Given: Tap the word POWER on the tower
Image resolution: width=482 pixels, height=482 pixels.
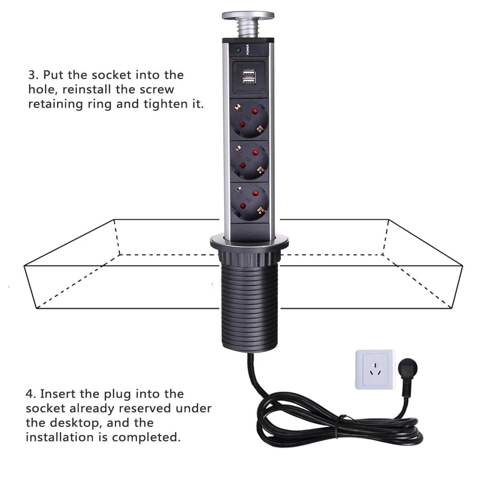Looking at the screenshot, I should (x=248, y=49).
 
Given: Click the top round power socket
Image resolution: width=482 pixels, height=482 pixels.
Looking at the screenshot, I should (x=249, y=120).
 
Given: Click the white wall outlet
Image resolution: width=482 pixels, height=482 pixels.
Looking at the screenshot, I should (x=375, y=369).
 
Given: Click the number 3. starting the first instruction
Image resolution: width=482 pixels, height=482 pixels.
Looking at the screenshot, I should (x=33, y=75).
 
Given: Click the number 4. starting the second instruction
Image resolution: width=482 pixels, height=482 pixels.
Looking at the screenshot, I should (x=31, y=394).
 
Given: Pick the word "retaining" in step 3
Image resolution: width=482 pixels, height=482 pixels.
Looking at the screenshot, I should (x=55, y=104).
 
